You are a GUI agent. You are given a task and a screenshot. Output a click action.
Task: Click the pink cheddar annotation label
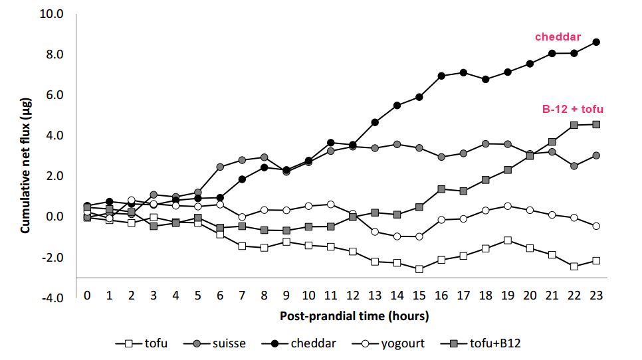tap(558, 37)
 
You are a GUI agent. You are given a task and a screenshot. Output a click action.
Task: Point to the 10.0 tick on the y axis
tap(53, 13)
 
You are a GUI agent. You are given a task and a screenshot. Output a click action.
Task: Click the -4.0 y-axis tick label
tap(53, 298)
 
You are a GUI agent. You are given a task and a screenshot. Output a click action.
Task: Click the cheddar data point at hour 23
tap(596, 42)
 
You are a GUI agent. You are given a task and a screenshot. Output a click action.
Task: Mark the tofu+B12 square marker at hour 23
tap(596, 124)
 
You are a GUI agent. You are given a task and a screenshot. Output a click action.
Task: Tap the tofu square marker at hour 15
tap(419, 269)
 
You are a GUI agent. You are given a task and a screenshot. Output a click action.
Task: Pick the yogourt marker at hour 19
tap(508, 206)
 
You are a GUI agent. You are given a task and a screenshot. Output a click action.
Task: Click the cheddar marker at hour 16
tap(441, 76)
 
